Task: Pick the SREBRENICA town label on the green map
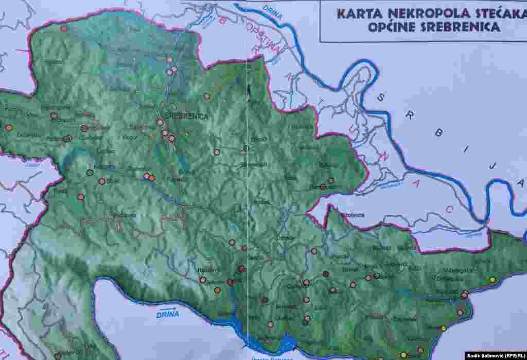(186, 116)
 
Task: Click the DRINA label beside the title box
(272, 11)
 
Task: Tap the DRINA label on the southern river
(168, 314)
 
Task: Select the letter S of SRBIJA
(382, 96)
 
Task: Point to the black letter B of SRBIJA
(438, 133)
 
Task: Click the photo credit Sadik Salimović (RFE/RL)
(495, 355)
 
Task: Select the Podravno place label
(125, 215)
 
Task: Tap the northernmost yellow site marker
(493, 280)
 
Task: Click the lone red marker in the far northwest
(64, 28)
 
